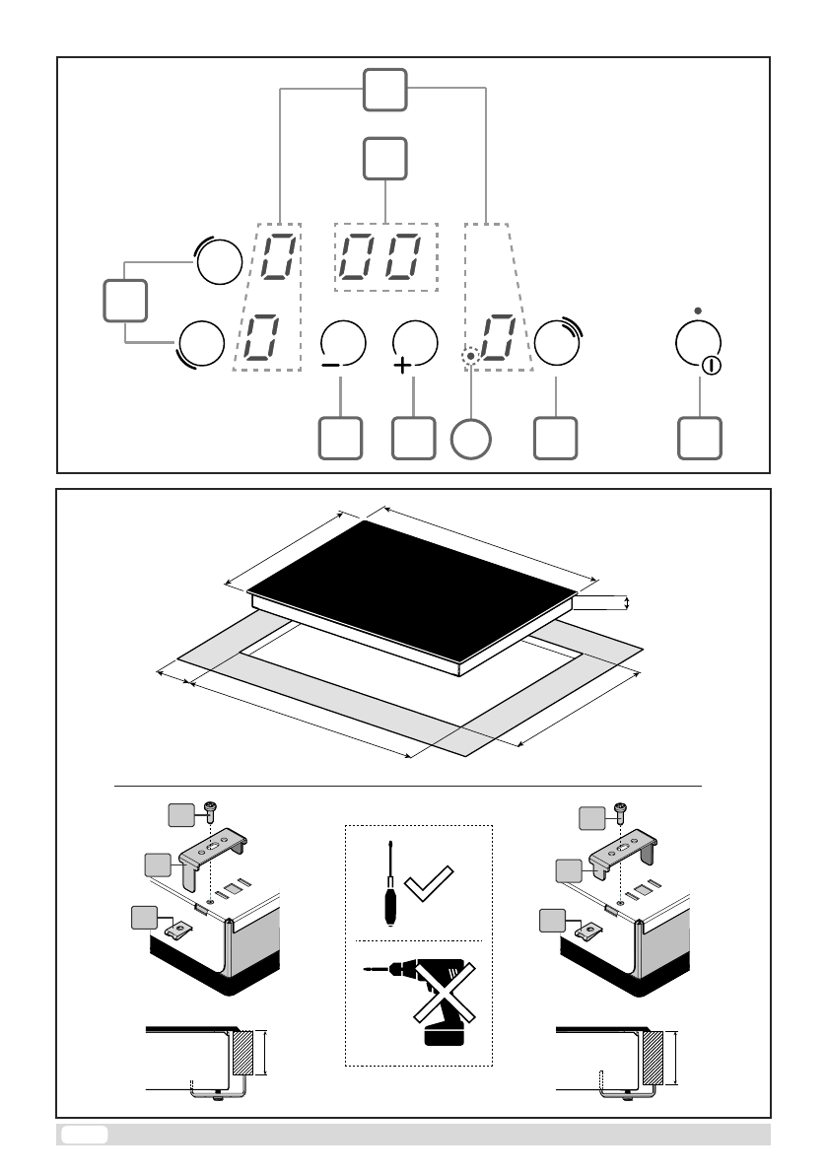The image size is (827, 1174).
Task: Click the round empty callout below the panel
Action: tap(471, 439)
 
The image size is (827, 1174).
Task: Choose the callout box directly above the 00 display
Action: tap(384, 158)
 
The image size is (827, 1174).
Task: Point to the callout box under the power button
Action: tap(700, 439)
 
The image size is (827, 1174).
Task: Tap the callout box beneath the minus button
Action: tap(340, 439)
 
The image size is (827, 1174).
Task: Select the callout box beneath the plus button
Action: tap(413, 439)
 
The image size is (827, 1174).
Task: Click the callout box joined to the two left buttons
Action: tap(125, 300)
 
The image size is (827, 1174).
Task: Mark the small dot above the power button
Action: tap(698, 311)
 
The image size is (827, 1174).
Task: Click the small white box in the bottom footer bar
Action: tap(84, 1135)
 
